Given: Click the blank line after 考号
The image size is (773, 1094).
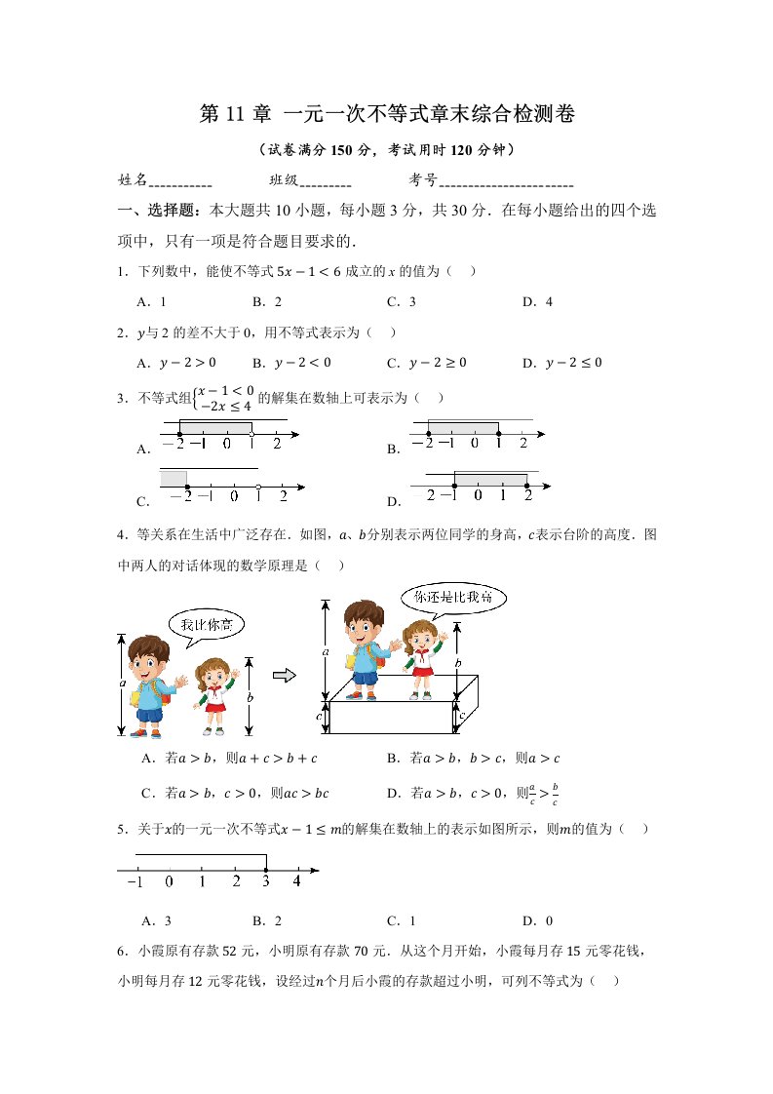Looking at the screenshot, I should coord(506,181).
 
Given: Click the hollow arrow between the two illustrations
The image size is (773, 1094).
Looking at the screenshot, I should coord(284,675).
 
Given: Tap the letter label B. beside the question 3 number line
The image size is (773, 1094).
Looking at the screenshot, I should coord(394,450).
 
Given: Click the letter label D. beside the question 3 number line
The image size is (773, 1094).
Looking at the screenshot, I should coord(394,502).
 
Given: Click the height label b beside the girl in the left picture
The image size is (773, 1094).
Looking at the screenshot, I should coord(250,698).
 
